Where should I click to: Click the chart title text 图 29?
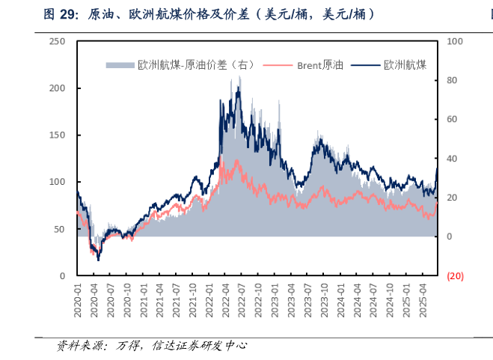(x=61, y=14)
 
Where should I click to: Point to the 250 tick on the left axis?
(x=57, y=42)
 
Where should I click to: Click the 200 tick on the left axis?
(x=57, y=88)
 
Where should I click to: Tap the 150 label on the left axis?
(x=57, y=135)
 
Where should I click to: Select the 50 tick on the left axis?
(x=60, y=229)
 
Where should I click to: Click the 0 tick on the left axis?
(x=62, y=275)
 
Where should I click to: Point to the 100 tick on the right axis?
(x=454, y=42)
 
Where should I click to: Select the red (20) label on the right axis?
(x=455, y=275)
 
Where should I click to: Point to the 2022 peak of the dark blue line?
(x=238, y=88)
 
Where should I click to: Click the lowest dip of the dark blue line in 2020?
(x=98, y=259)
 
